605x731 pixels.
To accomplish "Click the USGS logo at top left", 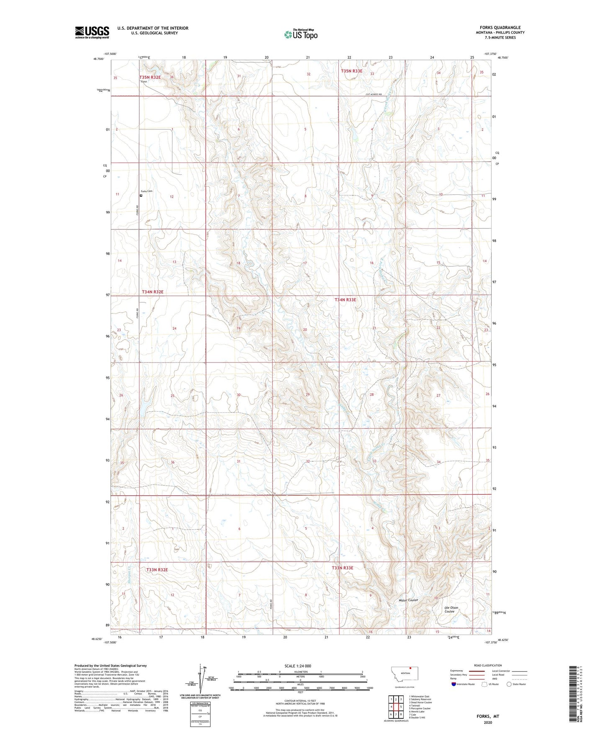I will coord(92,32).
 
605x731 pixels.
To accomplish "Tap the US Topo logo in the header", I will coord(301,34).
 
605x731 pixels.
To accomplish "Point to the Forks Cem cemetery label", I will coord(147,191).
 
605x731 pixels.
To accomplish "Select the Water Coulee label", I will coord(408,600).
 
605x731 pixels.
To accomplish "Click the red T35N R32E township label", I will coord(150,77).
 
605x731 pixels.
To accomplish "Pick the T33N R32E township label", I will coord(157,569).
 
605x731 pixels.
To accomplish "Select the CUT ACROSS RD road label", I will coord(373,95).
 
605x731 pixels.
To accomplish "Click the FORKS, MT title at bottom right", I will coord(488,716).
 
